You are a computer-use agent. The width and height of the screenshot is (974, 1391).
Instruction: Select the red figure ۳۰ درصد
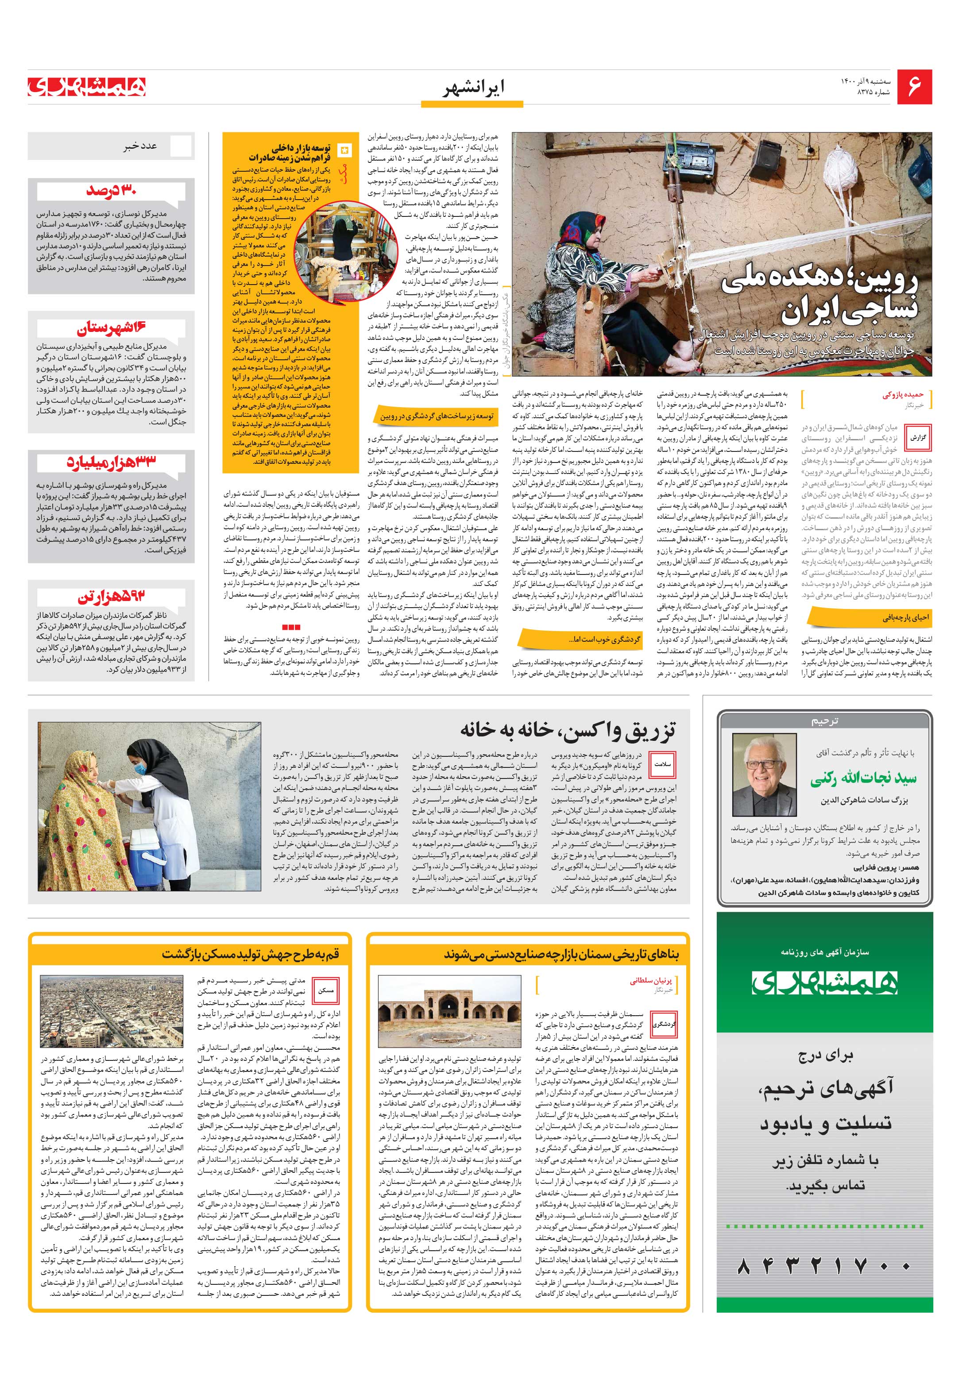[111, 191]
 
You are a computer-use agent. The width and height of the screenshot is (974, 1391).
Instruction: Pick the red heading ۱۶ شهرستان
[112, 328]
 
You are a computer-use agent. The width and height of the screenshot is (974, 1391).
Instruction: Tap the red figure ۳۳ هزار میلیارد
[112, 461]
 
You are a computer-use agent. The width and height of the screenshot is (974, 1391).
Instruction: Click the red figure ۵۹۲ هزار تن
[112, 597]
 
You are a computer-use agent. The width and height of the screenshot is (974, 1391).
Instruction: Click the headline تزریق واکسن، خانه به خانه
[567, 729]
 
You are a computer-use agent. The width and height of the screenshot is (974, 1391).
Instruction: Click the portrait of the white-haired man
[764, 774]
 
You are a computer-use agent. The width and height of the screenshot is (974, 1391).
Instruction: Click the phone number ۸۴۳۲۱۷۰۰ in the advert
[824, 1266]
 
